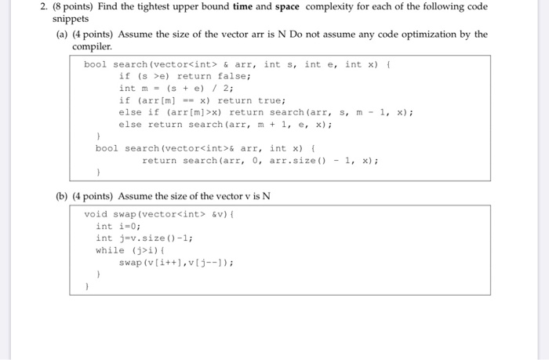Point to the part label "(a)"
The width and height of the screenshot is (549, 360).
pyautogui.click(x=62, y=35)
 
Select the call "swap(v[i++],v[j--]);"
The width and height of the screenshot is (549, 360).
pyautogui.click(x=176, y=262)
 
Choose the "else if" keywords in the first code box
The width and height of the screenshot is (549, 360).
pyautogui.click(x=139, y=112)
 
